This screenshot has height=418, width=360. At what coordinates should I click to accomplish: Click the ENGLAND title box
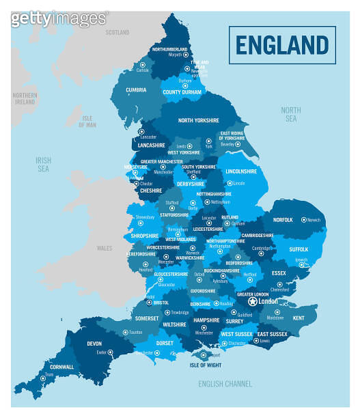pyautogui.click(x=282, y=45)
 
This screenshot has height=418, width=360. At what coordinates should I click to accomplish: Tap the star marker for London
pyautogui.click(x=253, y=301)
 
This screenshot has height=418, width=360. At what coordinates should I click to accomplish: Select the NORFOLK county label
pyautogui.click(x=283, y=220)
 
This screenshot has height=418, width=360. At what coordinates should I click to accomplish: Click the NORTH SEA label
pyautogui.click(x=290, y=114)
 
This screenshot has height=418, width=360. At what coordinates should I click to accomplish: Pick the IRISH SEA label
pyautogui.click(x=43, y=164)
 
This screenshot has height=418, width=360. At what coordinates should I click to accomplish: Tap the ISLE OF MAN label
pyautogui.click(x=87, y=121)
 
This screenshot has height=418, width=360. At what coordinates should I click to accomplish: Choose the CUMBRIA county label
pyautogui.click(x=136, y=89)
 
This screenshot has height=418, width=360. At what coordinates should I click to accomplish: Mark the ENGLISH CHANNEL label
pyautogui.click(x=225, y=384)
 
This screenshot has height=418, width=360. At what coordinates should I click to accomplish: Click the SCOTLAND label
pyautogui.click(x=117, y=32)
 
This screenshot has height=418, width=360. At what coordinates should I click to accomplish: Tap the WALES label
pyautogui.click(x=105, y=248)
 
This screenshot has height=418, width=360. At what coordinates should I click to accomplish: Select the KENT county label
pyautogui.click(x=299, y=318)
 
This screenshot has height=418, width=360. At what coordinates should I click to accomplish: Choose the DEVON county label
pyautogui.click(x=94, y=344)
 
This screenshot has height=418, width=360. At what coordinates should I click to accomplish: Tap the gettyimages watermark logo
pyautogui.click(x=59, y=18)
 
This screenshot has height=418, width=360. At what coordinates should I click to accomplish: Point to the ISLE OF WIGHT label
pyautogui.click(x=206, y=365)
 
